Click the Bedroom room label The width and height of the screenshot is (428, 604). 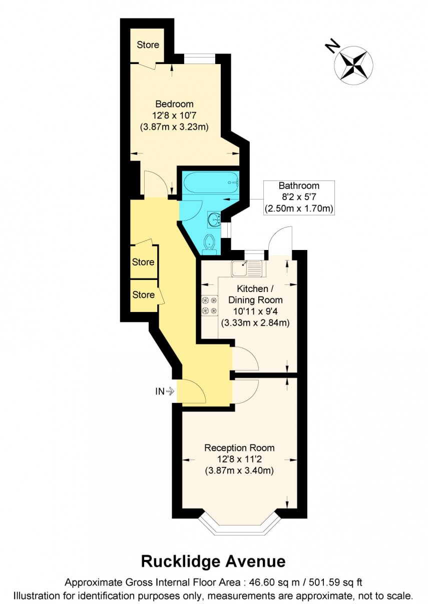coord(174,104)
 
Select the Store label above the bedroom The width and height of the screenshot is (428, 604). coord(148,44)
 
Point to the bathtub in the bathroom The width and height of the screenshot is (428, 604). coord(210,183)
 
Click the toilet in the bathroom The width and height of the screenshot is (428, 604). coord(209,243)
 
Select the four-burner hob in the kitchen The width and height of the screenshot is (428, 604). coord(209,305)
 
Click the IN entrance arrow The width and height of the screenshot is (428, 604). coord(164,391)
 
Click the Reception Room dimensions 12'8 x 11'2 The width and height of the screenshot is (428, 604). coord(239,459)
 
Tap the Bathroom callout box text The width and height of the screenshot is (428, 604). coord(299,197)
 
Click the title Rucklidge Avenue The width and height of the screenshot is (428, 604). coord(213,561)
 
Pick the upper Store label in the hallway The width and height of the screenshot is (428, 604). coord(143,262)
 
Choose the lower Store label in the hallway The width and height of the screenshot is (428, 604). coord(143,295)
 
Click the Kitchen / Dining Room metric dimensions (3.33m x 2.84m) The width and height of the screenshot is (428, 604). coord(255,322)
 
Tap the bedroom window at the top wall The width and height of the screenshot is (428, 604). coord(200,58)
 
